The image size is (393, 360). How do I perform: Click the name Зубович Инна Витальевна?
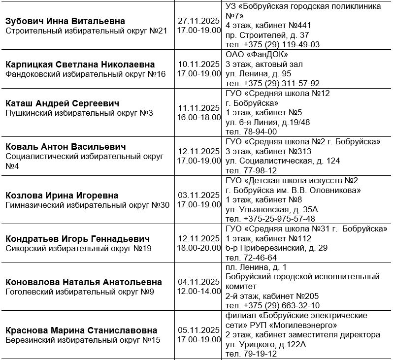coord(65,21)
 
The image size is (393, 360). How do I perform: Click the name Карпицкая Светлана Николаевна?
coord(80,65)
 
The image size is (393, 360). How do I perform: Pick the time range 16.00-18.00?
coord(198,117)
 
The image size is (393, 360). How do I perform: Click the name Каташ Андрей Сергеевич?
coord(63,103)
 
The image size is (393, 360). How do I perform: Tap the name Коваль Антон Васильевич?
coord(65,147)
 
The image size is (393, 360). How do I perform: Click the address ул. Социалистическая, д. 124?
coord(283,161)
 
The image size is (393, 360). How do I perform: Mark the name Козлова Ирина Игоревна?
coord(62,195)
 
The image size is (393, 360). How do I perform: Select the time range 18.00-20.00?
coord(198,248)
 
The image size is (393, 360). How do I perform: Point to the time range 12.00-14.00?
coord(198,291)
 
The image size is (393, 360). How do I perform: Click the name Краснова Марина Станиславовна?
coord(82,330)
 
